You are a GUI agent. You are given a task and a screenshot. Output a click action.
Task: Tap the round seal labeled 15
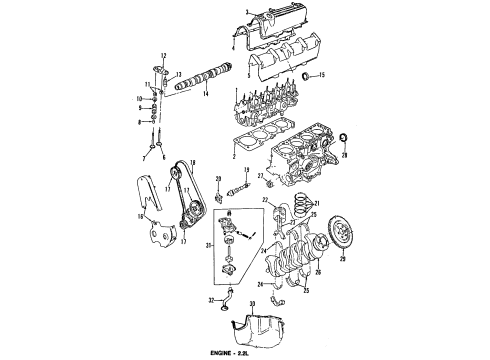pyautogui.click(x=305, y=76)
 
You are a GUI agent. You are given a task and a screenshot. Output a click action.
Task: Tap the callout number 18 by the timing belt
pyautogui.click(x=192, y=162)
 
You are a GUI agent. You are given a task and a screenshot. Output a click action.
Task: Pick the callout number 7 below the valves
pyautogui.click(x=144, y=158)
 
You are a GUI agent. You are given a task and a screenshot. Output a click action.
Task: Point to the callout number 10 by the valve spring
pyautogui.click(x=140, y=99)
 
